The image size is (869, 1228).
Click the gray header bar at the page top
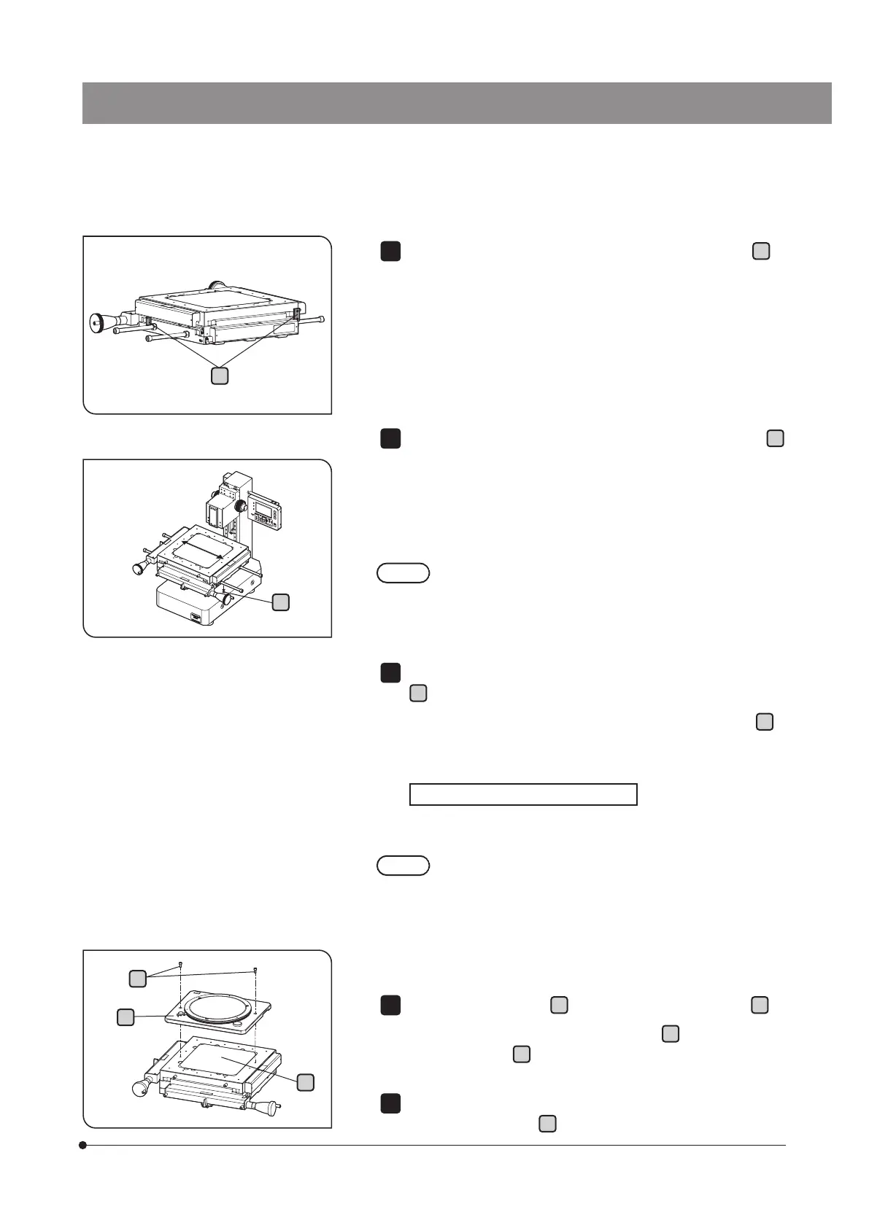[x=457, y=103]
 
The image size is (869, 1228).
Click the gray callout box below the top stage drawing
[x=219, y=376]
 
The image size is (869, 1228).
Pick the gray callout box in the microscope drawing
[x=280, y=602]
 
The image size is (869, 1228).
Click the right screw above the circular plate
[x=255, y=970]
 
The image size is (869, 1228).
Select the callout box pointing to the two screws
[x=137, y=979]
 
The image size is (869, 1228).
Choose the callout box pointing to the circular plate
[x=125, y=1017]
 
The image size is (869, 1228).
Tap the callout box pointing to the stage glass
[x=306, y=1082]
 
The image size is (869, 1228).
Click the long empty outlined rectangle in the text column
[x=523, y=794]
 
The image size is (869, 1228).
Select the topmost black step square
[x=390, y=251]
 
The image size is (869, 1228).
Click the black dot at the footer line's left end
[x=83, y=1145]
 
